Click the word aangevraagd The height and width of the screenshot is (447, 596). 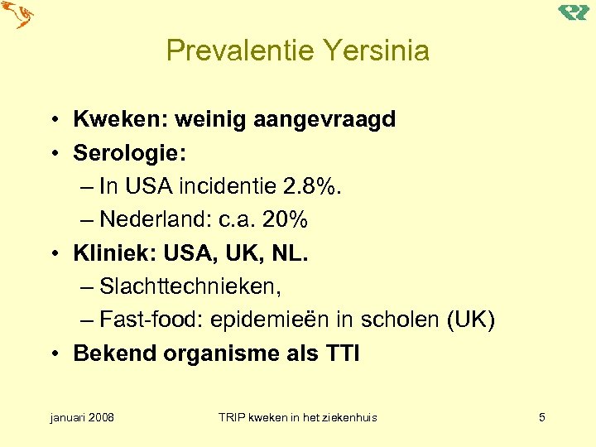click(329, 119)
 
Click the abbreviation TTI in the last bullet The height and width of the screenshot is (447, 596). click(341, 353)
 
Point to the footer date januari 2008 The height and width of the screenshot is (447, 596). click(82, 417)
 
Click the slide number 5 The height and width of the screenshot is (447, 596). click(541, 417)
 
